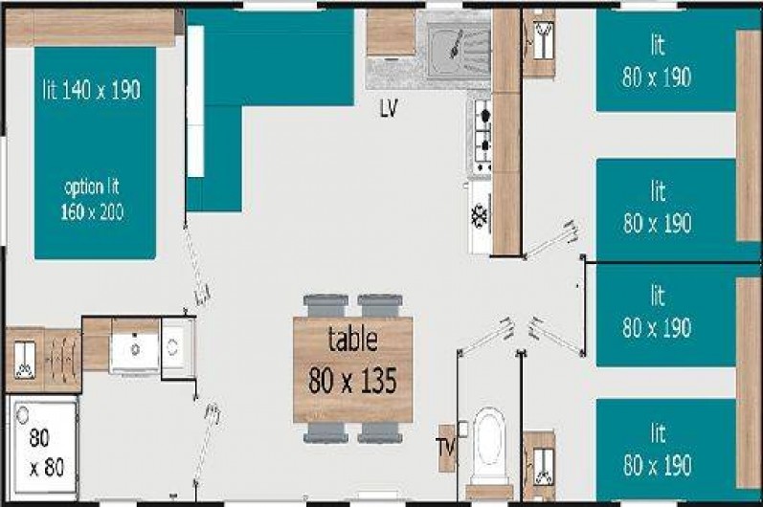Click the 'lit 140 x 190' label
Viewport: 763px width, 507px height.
pos(92,90)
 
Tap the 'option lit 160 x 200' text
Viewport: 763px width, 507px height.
pos(93,198)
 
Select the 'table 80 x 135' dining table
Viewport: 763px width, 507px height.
pos(353,369)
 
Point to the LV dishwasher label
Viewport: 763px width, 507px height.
pos(389,108)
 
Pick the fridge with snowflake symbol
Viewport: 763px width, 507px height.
pos(480,216)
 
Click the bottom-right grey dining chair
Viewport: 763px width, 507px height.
pos(379,432)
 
